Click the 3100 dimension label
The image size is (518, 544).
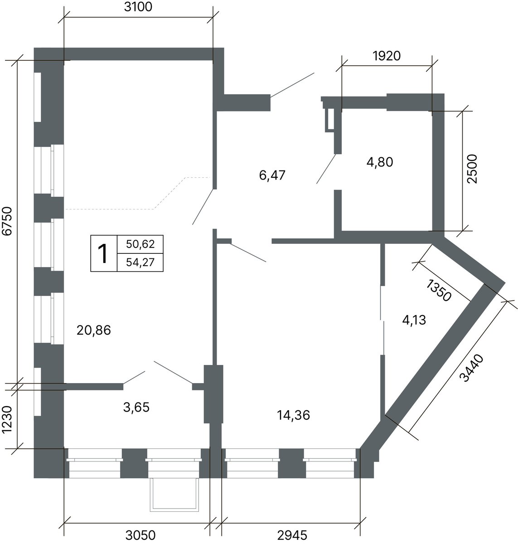pos(138,7)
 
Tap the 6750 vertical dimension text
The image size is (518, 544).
pos(7,221)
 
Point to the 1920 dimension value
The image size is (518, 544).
pos(387,56)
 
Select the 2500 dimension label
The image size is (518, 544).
pos(472,169)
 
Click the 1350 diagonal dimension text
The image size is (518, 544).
pos(439,290)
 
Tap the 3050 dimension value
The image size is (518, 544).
pos(140,535)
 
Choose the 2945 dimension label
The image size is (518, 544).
pos(292,535)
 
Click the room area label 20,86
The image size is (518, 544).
pos(94,330)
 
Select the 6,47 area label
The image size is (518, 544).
pos(272,175)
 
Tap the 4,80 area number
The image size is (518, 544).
pos(380,162)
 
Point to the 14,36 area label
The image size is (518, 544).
pos(294,415)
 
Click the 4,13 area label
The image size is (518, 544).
pos(414,320)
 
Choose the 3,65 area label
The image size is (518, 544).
pos(136,407)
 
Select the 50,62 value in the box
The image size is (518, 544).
pos(140,244)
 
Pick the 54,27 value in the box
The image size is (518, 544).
pos(140,262)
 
